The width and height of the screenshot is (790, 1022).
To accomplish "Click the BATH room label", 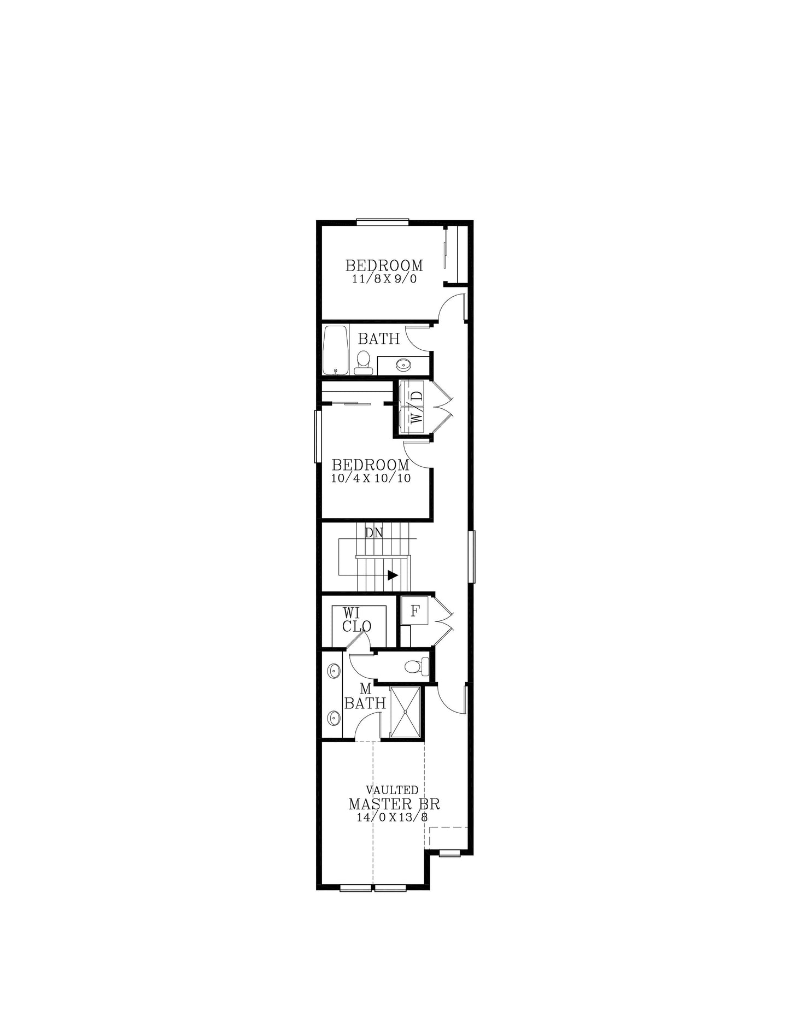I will coord(378,339).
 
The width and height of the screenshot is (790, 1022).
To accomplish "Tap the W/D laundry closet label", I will coord(417,407).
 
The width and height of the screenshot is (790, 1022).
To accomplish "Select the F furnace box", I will coord(415,611).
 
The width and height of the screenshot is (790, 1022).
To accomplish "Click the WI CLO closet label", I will coord(356,620).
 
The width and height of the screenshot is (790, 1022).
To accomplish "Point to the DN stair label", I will coord(374,532).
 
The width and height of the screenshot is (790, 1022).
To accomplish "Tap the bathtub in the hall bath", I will coord(335,350).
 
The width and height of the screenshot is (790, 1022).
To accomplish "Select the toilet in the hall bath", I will coord(363,362).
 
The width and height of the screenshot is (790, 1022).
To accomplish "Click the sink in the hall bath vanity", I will coord(403,364).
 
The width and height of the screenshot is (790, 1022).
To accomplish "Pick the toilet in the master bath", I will coord(415,666).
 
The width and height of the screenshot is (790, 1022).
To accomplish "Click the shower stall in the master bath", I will coord(405,712).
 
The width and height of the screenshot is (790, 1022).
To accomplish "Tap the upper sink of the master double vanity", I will coord(332,669).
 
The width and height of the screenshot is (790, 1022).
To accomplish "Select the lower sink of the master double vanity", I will coord(332,717).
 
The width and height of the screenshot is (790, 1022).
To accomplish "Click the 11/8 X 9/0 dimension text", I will coord(384,279).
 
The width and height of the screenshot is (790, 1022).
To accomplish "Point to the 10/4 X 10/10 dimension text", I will coord(371,478).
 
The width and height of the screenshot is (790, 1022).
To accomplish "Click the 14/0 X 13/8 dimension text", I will coord(392,818).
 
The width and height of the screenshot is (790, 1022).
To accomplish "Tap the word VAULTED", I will coord(392,790).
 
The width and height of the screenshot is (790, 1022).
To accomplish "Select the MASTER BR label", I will coord(394,804).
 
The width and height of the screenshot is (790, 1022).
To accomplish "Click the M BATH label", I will coord(365,697).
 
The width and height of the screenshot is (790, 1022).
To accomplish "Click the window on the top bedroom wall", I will coord(382,222).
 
